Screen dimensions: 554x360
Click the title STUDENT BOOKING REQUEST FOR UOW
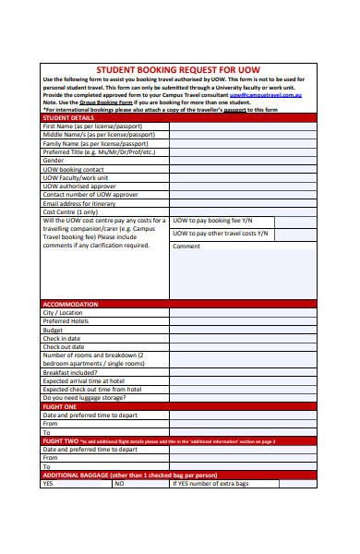(178, 69)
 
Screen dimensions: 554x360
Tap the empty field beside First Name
(242, 126)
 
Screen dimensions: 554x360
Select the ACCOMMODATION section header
(70, 304)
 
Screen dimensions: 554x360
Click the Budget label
(54, 330)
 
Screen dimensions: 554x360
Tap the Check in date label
(63, 338)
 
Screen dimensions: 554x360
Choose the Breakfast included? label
(73, 371)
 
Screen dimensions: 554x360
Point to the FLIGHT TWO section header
(61, 440)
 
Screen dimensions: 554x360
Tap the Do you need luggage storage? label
(84, 397)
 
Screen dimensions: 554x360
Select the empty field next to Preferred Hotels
(242, 321)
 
